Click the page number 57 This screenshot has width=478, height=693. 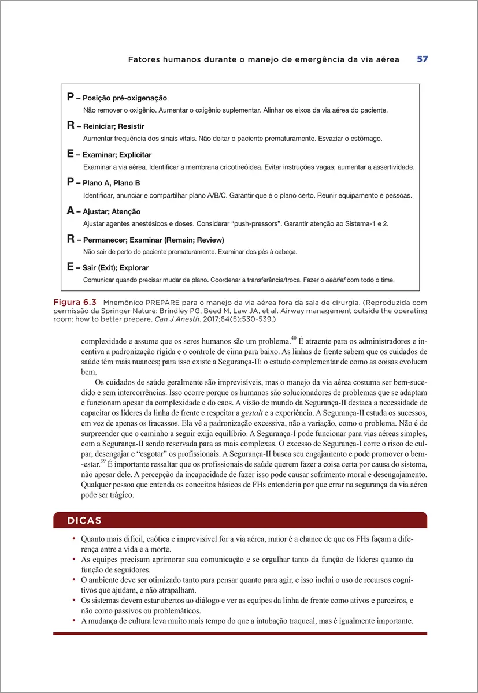point(422,59)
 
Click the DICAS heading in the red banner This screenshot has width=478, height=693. point(84,520)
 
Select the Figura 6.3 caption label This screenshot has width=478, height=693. point(74,302)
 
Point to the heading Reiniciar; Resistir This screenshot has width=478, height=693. point(113,126)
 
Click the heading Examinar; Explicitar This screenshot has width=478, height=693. point(117,155)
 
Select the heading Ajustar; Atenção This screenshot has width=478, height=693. point(112,212)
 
